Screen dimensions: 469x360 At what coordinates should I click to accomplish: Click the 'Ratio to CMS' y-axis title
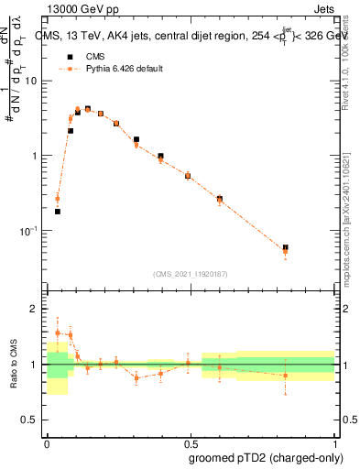point(13,365)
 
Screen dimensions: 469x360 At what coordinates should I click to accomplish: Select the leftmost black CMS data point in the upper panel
point(58,212)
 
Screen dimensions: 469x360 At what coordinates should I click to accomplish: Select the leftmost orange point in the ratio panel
point(58,333)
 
